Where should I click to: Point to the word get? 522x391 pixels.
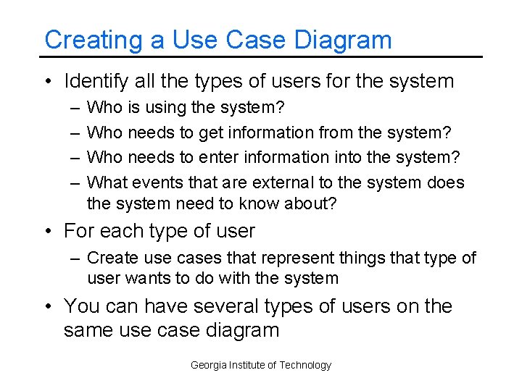[x=205, y=133]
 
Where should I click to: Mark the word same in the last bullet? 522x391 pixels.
[x=90, y=331]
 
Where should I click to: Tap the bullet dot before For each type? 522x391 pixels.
[x=48, y=232]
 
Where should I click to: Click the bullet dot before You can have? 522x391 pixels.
[x=48, y=307]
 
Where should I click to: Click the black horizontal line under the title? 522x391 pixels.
[x=261, y=56]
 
